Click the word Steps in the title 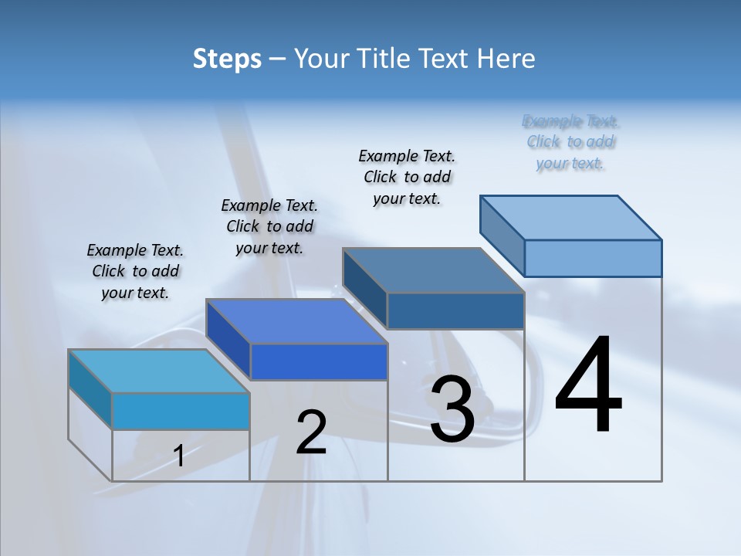pyautogui.click(x=227, y=59)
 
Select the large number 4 pyautogui.click(x=588, y=386)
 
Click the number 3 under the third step pyautogui.click(x=452, y=409)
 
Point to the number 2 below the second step pyautogui.click(x=311, y=432)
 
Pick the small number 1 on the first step pyautogui.click(x=179, y=456)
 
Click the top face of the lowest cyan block pyautogui.click(x=159, y=371)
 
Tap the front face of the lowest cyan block pyautogui.click(x=181, y=411)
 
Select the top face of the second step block pyautogui.click(x=296, y=321)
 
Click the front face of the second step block pyautogui.click(x=319, y=361)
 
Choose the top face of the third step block pyautogui.click(x=433, y=270)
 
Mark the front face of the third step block pyautogui.click(x=455, y=310)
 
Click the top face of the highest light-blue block pyautogui.click(x=570, y=217)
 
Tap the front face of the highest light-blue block pyautogui.click(x=593, y=258)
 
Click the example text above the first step pyautogui.click(x=135, y=271)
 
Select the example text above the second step pyautogui.click(x=269, y=226)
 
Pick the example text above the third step pyautogui.click(x=407, y=177)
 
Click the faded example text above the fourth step pyautogui.click(x=570, y=142)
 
